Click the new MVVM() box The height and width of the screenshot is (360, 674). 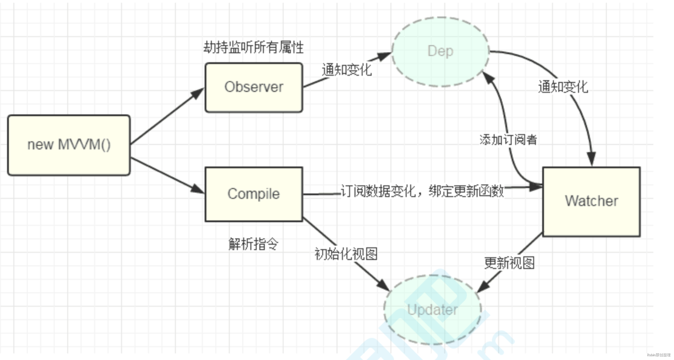point(69,145)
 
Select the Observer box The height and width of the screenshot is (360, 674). point(254,87)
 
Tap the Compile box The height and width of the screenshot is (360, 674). point(254,194)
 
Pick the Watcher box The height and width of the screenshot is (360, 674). point(592,201)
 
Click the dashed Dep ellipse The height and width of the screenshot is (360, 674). point(441,52)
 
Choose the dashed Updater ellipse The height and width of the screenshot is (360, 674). point(433,310)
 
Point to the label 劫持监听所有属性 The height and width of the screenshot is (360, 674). point(253,47)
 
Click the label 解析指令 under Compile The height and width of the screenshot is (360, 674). point(253,244)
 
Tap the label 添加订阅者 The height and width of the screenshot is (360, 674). point(508,140)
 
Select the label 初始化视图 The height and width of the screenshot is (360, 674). point(346,254)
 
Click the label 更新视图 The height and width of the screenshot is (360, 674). point(509,263)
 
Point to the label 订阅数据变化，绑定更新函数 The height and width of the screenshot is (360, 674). point(422,191)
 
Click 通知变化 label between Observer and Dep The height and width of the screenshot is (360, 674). point(347,69)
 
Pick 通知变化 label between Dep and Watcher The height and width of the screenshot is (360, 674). point(563,87)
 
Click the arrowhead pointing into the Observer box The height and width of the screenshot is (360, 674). point(198,93)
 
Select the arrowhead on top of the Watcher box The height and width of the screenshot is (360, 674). point(591,159)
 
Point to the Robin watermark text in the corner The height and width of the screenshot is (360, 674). point(659,355)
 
